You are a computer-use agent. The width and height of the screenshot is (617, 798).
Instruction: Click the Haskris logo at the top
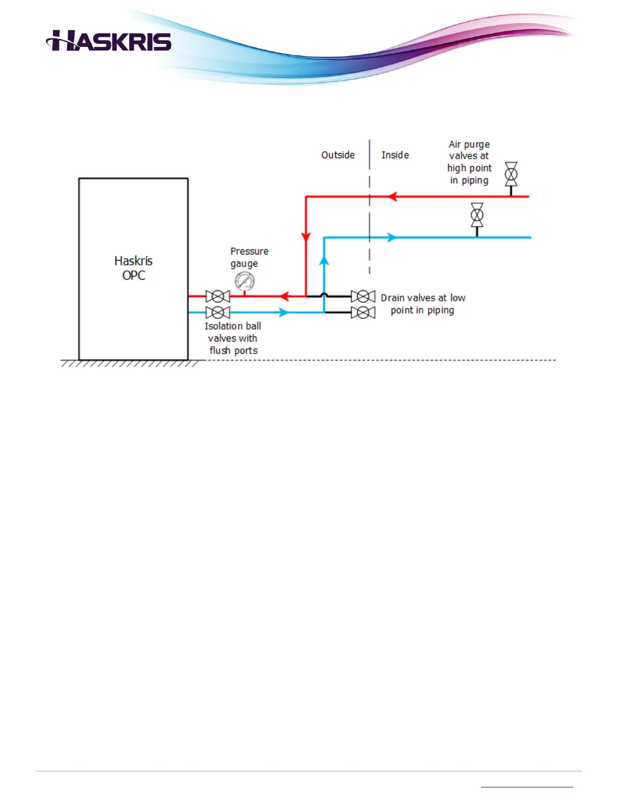coord(109,41)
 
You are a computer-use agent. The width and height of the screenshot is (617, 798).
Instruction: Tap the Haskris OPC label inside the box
coord(134,268)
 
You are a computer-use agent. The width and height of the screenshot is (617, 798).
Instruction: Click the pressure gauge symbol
coord(244,281)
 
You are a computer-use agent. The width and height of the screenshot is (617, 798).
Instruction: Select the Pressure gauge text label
coord(249,257)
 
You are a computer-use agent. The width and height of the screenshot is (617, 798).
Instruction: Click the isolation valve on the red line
coord(218,296)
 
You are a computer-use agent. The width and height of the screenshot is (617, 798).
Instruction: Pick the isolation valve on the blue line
coord(218,312)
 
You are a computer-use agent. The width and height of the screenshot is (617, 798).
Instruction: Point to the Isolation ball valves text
coord(233,338)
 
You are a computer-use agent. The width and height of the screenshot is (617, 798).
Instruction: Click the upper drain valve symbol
coord(363,296)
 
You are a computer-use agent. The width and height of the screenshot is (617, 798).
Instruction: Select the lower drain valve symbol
coord(363,312)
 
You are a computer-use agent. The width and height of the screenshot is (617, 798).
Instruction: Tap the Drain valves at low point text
coord(423,304)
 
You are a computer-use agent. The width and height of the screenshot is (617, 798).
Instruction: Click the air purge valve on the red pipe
coord(511,175)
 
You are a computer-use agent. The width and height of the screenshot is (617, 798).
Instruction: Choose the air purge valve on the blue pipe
coord(477,216)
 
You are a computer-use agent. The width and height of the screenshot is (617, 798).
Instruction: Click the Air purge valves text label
coord(469,162)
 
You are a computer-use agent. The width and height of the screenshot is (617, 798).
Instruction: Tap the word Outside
coord(338,155)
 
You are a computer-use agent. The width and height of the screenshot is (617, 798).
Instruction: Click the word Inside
coord(395,155)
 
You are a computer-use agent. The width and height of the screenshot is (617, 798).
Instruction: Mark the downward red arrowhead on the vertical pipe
coord(306,237)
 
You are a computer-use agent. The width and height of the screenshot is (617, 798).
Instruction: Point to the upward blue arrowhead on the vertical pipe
coord(324,260)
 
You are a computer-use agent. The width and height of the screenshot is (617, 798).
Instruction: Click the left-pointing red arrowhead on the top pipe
coord(392,196)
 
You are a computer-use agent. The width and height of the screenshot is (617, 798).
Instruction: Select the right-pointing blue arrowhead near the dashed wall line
coord(391,237)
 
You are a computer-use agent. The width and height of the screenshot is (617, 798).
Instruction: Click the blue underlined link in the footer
coord(527,786)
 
